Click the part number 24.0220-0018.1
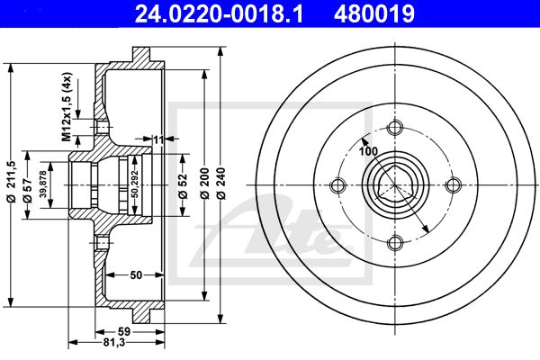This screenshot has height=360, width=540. coord(219,13)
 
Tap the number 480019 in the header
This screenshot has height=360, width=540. coord(374,13)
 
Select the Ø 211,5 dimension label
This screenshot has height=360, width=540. coord(12,181)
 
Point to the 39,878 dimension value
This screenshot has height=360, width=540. coord(42,184)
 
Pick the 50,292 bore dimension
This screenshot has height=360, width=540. coord(135,184)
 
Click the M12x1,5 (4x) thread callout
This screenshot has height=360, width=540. coord(67,107)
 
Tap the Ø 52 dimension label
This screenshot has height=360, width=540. coord(184,186)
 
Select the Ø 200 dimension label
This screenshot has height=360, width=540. coord(204,184)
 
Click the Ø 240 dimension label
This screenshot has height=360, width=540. coord(220,184)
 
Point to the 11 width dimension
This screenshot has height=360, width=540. coord(158,139)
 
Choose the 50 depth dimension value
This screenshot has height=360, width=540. coord(136,274)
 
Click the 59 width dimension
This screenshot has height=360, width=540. coord(124,331)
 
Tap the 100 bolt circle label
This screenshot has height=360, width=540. coord(368,151)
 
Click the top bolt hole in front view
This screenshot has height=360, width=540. coord(395,128)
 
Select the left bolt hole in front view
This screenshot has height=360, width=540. coord(337,185)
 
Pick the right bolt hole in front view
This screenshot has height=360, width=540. coord(454,185)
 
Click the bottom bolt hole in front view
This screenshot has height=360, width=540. coord(395,243)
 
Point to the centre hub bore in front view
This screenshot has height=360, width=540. coord(395,185)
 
